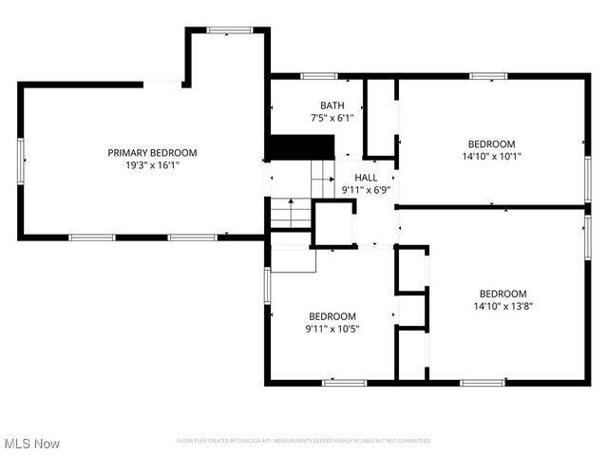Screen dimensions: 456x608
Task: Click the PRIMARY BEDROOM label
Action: tap(152, 153)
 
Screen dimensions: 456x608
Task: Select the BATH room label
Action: tap(332, 105)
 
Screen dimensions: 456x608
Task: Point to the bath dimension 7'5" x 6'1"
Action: tap(332, 118)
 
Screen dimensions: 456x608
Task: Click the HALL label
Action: tap(366, 178)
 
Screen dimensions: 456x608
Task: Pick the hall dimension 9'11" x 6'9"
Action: tap(366, 190)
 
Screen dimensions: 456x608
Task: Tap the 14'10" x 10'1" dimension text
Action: tap(491, 156)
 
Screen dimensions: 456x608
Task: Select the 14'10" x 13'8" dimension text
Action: tap(502, 307)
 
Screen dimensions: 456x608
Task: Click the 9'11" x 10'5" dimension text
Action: tap(332, 329)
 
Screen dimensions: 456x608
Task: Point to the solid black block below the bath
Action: tap(299, 148)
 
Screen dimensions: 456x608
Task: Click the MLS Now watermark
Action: tap(31, 444)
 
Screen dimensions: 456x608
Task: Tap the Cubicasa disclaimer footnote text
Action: tap(304, 441)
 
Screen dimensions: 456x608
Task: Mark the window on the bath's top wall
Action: tap(318, 75)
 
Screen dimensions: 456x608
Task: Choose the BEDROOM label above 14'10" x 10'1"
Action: tap(491, 143)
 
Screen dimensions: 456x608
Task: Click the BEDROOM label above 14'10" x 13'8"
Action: tap(502, 294)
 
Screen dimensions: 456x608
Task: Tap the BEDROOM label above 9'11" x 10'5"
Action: tap(332, 316)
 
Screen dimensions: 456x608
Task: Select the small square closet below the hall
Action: tap(333, 224)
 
